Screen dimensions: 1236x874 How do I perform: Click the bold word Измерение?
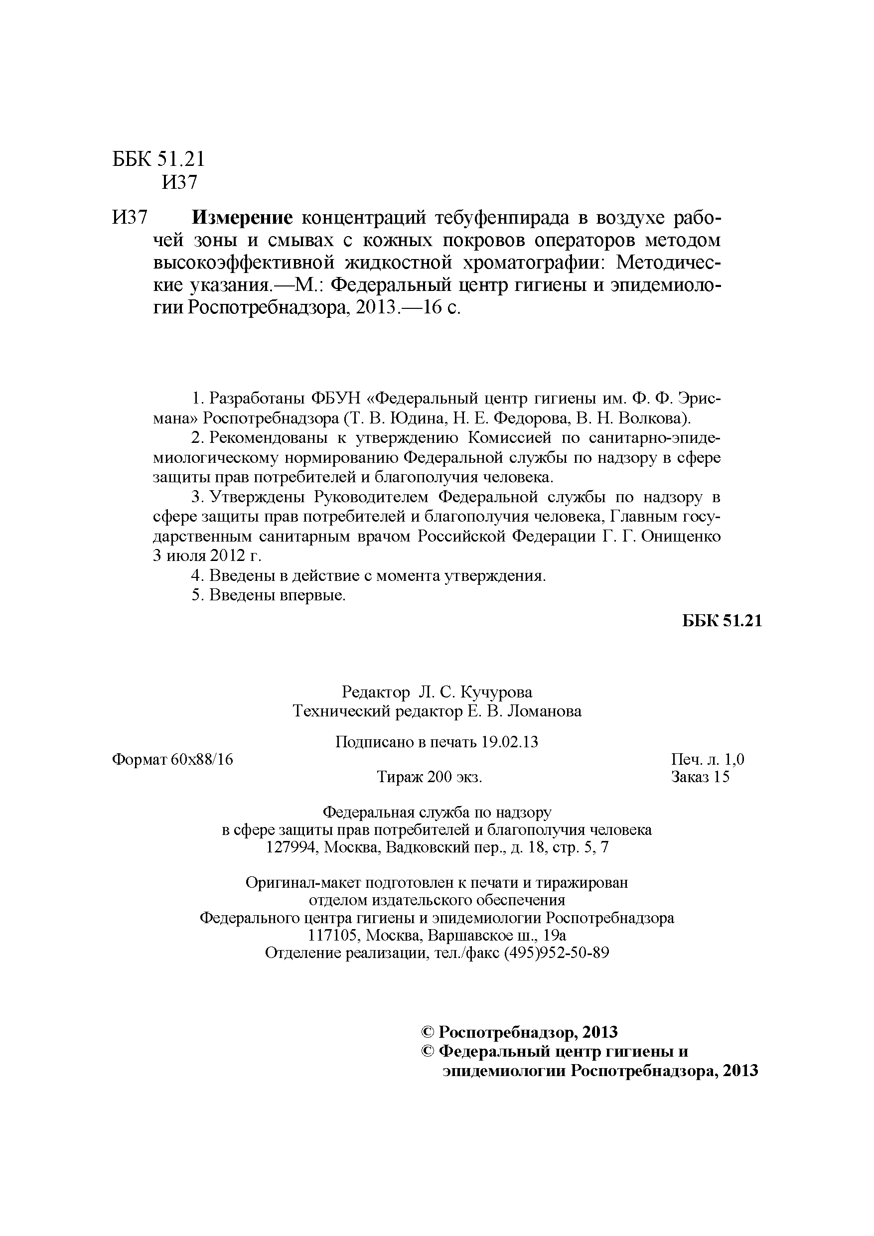coord(242,218)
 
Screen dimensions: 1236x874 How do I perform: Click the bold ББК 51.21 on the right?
coord(722,621)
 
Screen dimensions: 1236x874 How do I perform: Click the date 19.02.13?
coord(509,742)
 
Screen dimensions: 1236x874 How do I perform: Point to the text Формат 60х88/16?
coord(172,760)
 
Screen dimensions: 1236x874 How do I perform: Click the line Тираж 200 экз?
coord(429,777)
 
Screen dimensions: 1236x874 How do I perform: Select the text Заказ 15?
coord(700,777)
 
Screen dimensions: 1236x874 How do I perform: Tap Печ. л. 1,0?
coord(708,760)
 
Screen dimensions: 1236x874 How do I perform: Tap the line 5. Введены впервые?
coord(268,595)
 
